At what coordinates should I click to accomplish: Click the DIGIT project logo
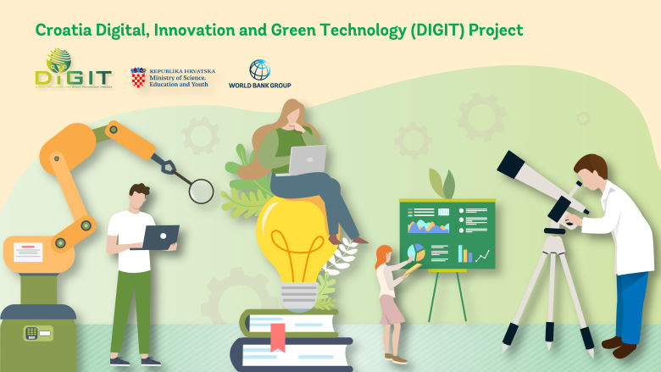coord(73,70)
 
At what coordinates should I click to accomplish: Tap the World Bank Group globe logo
coord(260,69)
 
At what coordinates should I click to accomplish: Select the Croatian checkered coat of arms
coord(138,78)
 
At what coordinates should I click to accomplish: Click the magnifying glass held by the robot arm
coord(201,191)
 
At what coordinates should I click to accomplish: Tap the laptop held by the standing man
coord(160,237)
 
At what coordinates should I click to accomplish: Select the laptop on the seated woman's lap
coord(306,160)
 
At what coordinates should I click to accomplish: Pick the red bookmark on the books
coord(277,336)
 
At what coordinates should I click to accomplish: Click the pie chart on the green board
coord(416,252)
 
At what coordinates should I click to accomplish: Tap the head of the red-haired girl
coord(384,255)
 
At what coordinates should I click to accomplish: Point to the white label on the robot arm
coord(27,253)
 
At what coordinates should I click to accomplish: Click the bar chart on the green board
coord(464,253)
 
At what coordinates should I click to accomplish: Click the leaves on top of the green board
coord(442,183)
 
